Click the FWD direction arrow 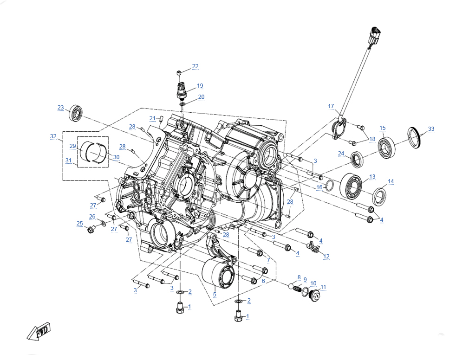[39, 331]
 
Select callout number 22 [195, 66]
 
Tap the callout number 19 [200, 86]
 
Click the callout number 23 [61, 108]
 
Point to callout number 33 [431, 129]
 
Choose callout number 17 [331, 106]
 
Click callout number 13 [372, 177]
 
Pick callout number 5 [215, 294]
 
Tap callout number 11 [323, 287]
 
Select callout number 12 [326, 257]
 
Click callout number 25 [79, 224]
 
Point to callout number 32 [53, 136]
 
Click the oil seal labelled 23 [76, 113]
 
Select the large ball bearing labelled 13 [351, 185]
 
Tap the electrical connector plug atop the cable [374, 36]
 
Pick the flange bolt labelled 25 [91, 230]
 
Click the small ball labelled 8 [291, 286]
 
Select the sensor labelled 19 [181, 90]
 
